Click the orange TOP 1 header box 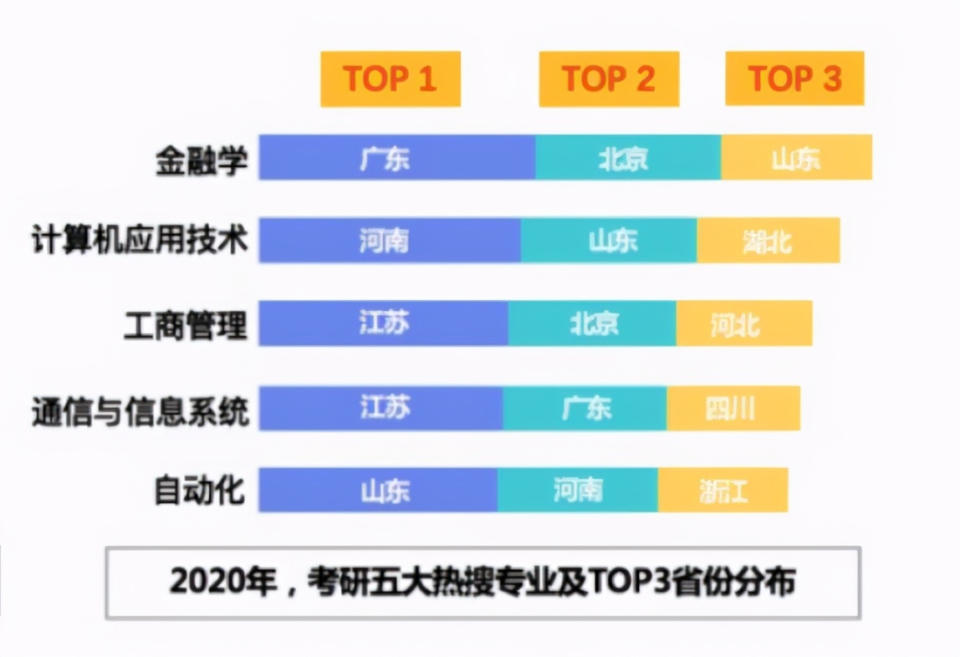point(391,79)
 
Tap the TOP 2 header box point(609,79)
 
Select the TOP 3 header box point(794,79)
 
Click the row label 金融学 point(202,160)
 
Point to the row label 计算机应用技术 point(140,241)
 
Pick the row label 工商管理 point(186,324)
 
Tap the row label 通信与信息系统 point(140,410)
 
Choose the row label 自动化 point(200,491)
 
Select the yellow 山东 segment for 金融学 point(796,158)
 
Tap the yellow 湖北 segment point(768,241)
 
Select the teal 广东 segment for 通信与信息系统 point(585,408)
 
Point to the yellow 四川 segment point(733,408)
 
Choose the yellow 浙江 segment point(723,490)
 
